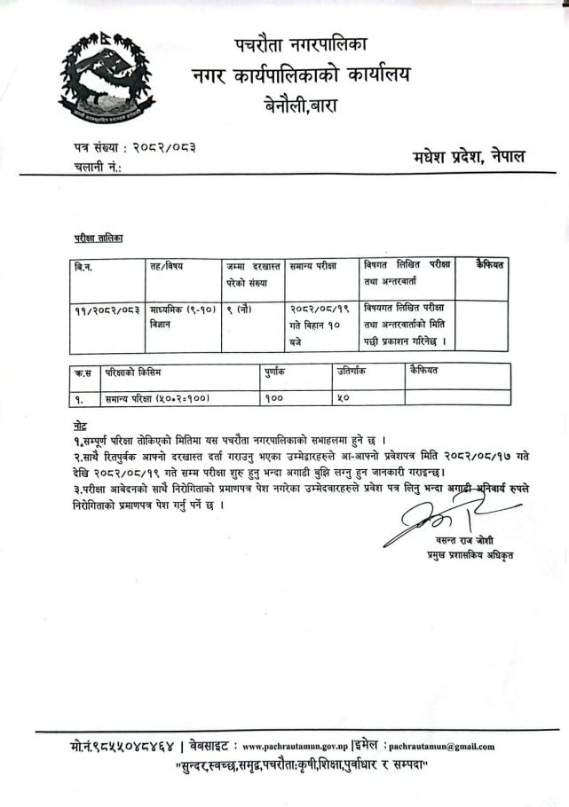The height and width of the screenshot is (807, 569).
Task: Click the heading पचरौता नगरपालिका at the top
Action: [x=302, y=42]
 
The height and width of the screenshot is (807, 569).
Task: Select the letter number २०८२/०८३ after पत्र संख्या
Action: [x=164, y=146]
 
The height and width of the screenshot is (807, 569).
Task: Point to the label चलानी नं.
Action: [x=98, y=166]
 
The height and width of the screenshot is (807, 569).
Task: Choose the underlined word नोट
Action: [x=81, y=427]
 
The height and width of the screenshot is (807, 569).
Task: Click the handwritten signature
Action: [x=436, y=520]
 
